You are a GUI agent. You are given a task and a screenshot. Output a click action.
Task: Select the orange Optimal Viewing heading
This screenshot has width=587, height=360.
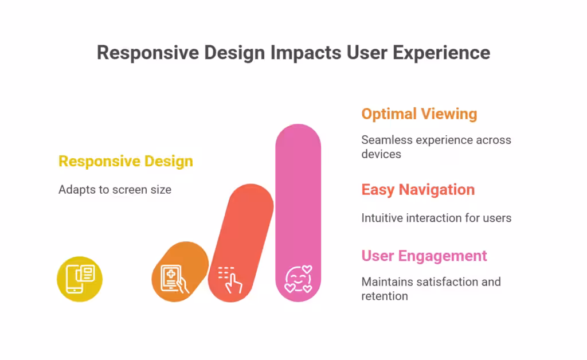click(x=419, y=114)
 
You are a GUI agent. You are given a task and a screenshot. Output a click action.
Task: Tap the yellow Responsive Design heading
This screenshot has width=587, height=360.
click(x=126, y=161)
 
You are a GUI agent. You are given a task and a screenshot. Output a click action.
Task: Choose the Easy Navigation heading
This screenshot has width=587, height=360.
click(x=418, y=190)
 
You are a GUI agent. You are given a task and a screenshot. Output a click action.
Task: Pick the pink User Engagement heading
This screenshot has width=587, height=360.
click(x=424, y=256)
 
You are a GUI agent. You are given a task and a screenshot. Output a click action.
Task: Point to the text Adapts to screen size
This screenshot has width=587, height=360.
click(x=115, y=189)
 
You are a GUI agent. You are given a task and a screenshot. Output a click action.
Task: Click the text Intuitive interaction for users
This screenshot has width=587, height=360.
click(x=436, y=218)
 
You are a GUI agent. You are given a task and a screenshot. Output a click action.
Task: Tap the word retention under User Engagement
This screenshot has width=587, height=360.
click(x=385, y=296)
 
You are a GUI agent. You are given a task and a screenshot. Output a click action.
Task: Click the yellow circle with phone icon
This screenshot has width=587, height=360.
click(x=80, y=279)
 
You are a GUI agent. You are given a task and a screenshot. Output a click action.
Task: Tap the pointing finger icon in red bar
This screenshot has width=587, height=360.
click(x=230, y=280)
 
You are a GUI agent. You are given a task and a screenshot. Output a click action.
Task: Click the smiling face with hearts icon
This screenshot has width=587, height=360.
click(x=298, y=279)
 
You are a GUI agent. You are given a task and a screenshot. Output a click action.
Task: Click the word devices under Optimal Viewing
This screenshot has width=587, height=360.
click(x=381, y=154)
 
